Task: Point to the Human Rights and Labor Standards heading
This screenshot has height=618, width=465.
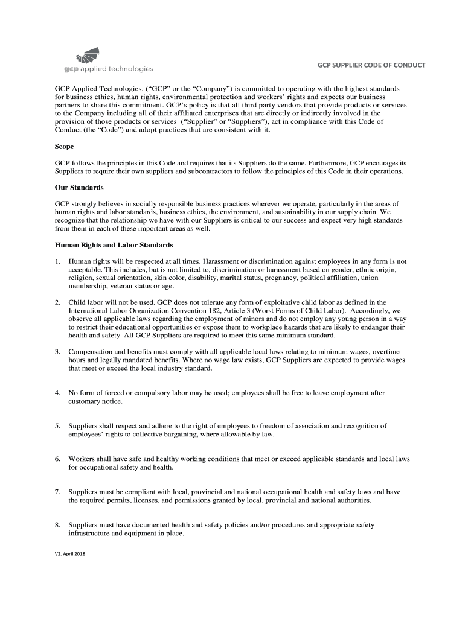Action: point(114,245)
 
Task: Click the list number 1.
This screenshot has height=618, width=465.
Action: point(57,261)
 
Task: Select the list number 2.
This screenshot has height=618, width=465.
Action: point(57,302)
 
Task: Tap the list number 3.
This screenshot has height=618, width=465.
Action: point(57,351)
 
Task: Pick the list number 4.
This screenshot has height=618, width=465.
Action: point(57,393)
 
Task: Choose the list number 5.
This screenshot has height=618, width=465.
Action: point(57,426)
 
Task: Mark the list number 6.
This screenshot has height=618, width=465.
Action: point(57,459)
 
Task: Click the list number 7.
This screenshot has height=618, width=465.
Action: point(57,492)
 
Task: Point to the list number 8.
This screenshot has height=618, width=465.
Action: point(57,525)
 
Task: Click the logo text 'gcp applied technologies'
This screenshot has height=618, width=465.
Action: point(104,68)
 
